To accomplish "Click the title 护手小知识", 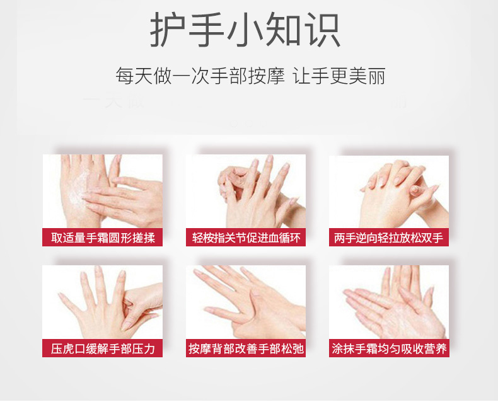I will pos(245,30).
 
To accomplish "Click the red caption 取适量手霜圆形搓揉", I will pos(102,238).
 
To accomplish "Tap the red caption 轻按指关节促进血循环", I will pos(245,238).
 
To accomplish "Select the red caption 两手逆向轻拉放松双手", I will pos(388,238).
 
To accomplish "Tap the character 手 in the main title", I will pos(207,30).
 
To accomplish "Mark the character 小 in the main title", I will pos(245,30).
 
